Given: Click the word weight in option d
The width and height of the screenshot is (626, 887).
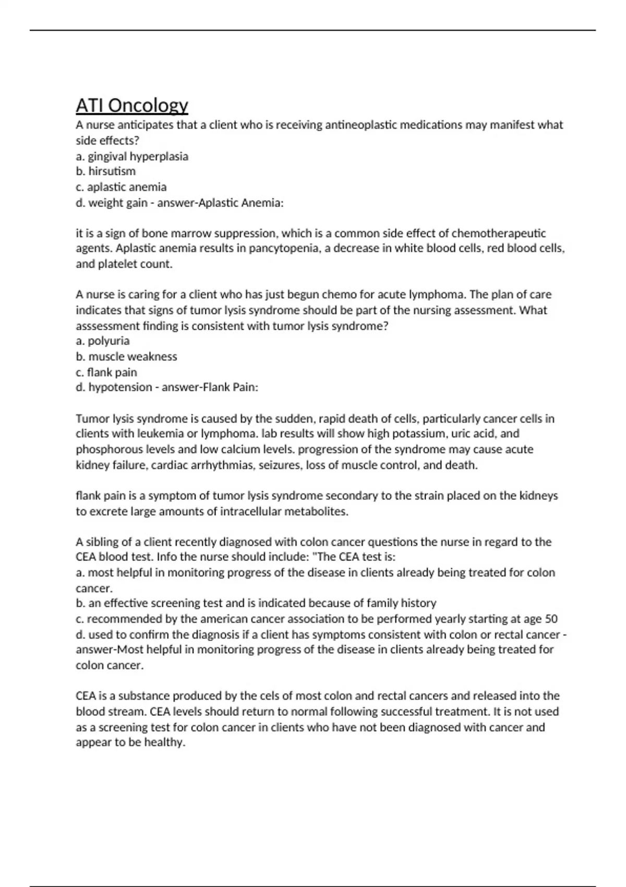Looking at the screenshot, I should pos(104,202).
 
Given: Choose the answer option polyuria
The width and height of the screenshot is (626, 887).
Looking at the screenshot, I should pos(109,341).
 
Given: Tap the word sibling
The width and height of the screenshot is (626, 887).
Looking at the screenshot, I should pos(101,542).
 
